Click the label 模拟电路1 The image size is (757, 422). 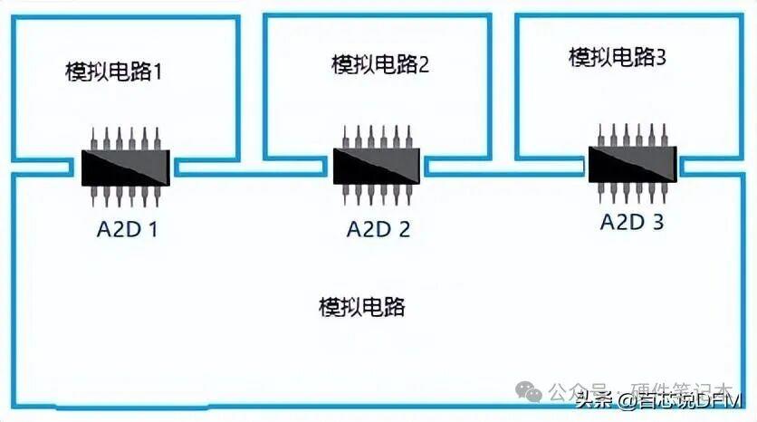point(113,71)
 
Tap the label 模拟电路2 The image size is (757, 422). point(379,64)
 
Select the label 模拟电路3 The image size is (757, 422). point(618,58)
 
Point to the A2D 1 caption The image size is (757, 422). point(128,229)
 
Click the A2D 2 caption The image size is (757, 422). point(378,228)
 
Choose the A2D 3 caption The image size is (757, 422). point(632,221)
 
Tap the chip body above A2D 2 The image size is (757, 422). point(378,166)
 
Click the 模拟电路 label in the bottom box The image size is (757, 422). point(361,307)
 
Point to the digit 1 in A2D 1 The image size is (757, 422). point(153,229)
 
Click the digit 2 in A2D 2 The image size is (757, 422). point(403,228)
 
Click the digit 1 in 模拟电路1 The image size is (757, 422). point(158,71)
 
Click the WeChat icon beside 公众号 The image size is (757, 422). point(531,390)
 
